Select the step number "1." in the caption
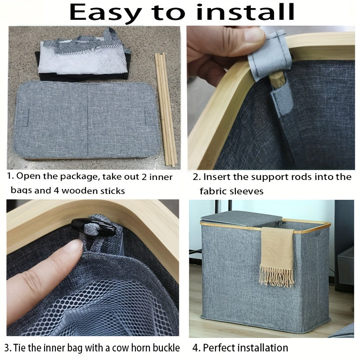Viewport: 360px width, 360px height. [10, 177]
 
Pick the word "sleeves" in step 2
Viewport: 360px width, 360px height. [247, 191]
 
